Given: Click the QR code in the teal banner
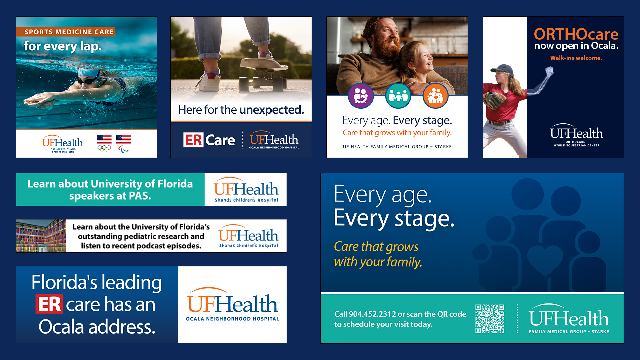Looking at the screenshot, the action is coord(490,319).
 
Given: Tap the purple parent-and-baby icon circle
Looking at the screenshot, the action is coord(361,96).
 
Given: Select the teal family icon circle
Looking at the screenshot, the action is coord(398,96).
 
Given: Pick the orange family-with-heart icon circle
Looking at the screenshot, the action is coord(435,96).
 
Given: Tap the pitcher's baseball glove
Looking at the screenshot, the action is coord(495,100).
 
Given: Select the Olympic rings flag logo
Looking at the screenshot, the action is coord(104,143).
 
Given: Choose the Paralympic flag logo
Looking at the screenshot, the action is coord(123,144).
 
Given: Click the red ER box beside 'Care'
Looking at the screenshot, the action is coord(193,140).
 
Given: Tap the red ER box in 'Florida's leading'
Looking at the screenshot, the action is coord(49,304).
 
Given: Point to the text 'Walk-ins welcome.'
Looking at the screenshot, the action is coord(576,58).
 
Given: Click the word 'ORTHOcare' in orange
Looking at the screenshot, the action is coord(576,34).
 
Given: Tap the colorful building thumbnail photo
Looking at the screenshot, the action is coord(41,236).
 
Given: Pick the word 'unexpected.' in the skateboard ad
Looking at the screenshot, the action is coord(272,110).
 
